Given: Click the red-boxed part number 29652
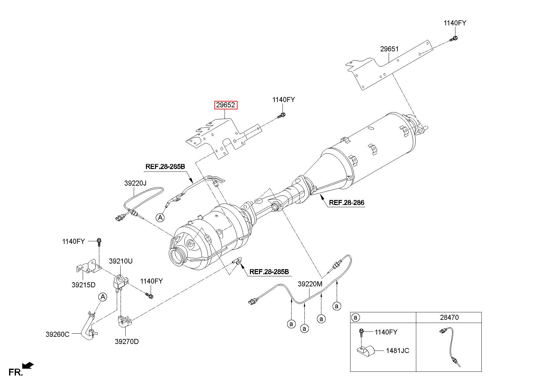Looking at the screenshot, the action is [226, 105].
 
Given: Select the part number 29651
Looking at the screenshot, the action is [389, 49].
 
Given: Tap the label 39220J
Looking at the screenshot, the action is [135, 183].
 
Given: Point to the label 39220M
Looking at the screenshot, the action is [310, 284].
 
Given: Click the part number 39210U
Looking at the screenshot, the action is [121, 261].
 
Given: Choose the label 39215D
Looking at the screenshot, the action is [83, 285].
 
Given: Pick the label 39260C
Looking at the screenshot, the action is [57, 334].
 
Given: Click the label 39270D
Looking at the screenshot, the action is [127, 341].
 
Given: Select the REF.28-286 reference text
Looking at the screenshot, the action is [346, 202].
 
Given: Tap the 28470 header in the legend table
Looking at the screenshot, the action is [449, 317].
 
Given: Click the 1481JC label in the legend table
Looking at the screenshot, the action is [397, 351].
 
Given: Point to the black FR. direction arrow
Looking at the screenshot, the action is [28, 365].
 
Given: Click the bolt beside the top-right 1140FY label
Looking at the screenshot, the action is [454, 39].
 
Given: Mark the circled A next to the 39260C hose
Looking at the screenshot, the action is [103, 297].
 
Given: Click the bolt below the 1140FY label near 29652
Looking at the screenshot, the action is [281, 115].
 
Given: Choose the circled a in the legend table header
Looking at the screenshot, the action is [355, 318].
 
